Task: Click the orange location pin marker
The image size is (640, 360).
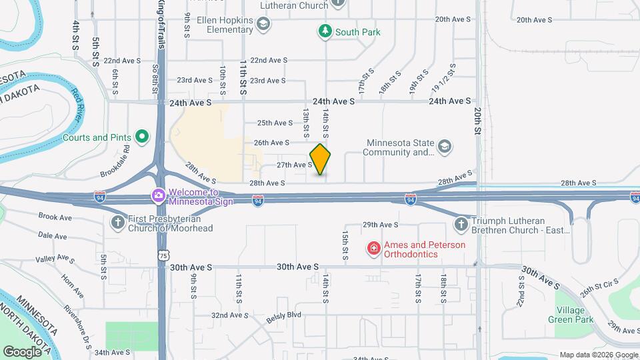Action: point(321,159)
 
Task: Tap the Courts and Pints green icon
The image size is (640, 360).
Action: point(141,137)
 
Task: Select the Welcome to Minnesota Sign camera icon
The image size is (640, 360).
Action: point(159,195)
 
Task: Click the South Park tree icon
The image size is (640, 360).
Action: point(325,31)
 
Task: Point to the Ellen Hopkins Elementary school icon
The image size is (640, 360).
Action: point(263,25)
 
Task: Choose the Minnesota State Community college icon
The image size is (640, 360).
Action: point(445,147)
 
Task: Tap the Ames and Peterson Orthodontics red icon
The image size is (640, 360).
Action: point(374,249)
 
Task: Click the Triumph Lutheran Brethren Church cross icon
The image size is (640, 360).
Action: point(461,225)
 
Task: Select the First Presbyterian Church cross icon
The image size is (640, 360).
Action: point(117,223)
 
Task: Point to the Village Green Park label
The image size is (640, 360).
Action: point(571,315)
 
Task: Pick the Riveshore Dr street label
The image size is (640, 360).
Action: point(77,323)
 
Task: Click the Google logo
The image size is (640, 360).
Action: point(22,351)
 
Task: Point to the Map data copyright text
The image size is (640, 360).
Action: point(597,355)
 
